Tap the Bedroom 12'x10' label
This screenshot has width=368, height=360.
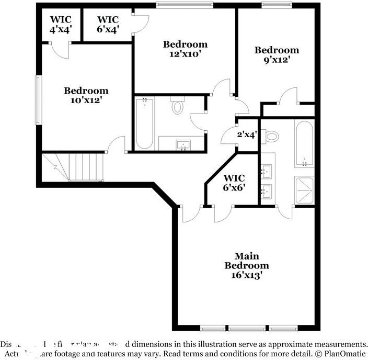(185, 49)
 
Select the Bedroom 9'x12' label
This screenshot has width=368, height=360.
(277, 55)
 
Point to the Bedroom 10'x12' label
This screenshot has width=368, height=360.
(86, 95)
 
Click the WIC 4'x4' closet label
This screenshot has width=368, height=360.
(60, 25)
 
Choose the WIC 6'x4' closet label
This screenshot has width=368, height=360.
(108, 25)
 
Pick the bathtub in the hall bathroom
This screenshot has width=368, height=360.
(144, 123)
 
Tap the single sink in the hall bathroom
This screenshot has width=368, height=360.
(183, 144)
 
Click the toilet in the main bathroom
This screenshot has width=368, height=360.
(271, 137)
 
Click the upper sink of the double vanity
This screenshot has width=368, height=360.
(267, 170)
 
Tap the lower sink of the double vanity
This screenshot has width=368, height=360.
(267, 190)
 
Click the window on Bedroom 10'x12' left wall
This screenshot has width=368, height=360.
(38, 100)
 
